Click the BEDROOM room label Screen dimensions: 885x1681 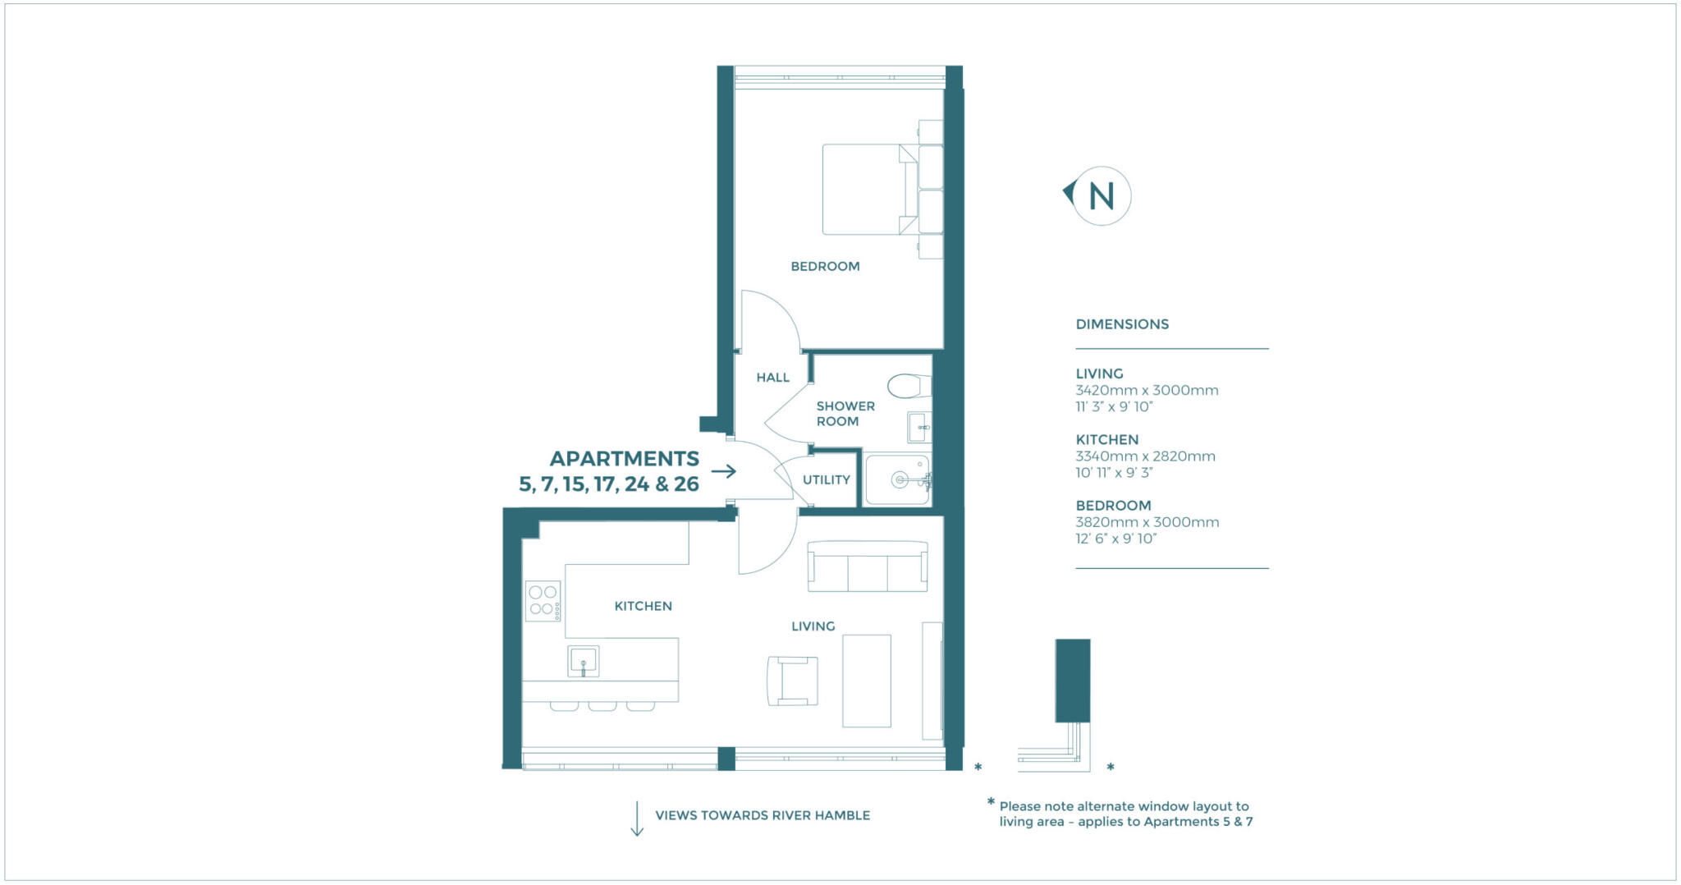(825, 267)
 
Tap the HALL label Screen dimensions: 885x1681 (772, 378)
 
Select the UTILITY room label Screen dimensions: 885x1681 (826, 480)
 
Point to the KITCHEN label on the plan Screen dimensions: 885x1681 (643, 607)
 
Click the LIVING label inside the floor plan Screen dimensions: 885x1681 (813, 626)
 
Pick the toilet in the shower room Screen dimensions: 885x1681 (909, 385)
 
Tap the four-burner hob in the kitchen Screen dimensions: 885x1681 (543, 601)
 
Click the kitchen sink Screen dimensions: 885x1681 (583, 661)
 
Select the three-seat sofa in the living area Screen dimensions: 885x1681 (868, 566)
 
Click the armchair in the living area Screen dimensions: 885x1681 (792, 681)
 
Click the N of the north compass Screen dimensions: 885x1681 (1101, 195)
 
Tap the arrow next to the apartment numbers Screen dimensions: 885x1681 (723, 471)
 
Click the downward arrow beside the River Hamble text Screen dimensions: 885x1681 (637, 819)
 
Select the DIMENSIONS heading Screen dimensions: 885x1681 (1122, 324)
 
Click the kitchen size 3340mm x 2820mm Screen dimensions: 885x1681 (1145, 456)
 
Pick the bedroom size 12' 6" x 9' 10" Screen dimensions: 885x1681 (1115, 539)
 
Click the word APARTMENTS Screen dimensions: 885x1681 (624, 459)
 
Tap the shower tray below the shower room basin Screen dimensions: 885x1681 (898, 480)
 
